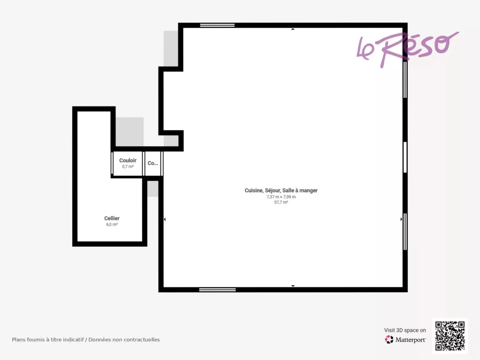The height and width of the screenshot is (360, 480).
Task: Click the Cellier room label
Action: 112,218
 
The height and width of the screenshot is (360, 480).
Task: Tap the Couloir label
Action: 127,160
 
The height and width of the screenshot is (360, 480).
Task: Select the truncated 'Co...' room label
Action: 153,163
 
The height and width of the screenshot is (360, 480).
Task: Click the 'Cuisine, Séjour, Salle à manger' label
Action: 281,190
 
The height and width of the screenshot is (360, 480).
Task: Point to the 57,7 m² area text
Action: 281,202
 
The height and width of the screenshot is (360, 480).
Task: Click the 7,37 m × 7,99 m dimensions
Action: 281,197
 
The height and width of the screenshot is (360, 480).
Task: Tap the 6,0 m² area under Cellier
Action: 112,225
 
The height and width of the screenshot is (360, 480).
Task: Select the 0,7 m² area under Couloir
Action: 127,166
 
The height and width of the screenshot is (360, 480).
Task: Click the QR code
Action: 450,336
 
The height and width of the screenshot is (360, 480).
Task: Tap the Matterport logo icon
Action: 389,339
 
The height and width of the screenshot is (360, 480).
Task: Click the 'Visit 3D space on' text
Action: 405,330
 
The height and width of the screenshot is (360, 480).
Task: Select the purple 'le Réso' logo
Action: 408,49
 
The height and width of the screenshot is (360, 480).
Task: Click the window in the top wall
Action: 217,25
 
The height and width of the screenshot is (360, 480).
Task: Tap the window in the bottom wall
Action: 217,290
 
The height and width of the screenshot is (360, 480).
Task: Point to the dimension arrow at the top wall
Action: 293,29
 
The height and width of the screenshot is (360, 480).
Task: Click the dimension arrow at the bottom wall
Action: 293,286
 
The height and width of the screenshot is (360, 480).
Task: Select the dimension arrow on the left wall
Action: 165,219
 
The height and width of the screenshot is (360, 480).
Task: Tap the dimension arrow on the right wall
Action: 401,219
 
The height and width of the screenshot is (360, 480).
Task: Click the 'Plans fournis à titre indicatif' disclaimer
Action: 86,339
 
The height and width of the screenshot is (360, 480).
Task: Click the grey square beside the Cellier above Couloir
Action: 129,132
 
